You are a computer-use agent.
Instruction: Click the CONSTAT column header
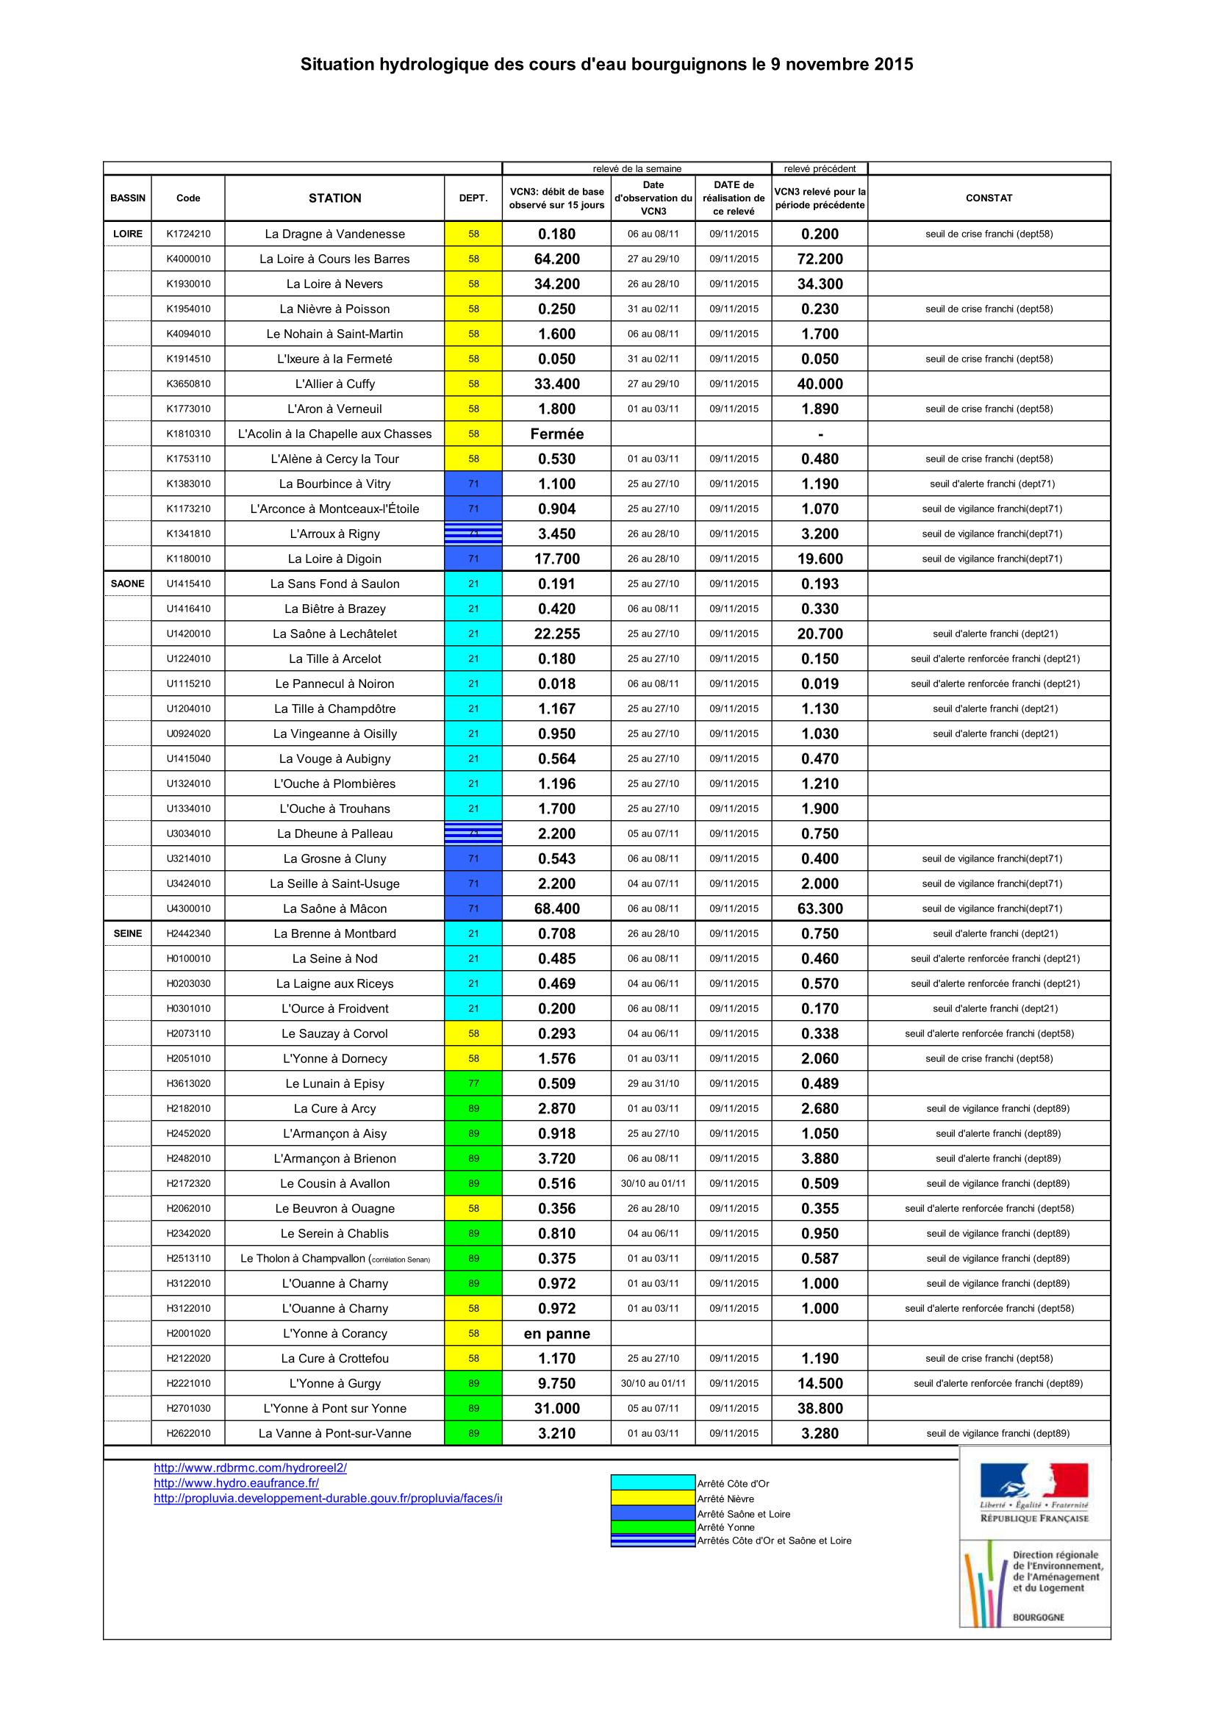988,198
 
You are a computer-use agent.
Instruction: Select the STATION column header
334,198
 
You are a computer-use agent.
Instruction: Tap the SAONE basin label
127,584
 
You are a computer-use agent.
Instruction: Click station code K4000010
188,259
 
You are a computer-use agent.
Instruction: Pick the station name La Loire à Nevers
334,284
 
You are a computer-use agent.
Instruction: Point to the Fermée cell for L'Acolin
556,434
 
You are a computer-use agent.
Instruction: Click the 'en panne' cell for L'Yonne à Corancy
556,1333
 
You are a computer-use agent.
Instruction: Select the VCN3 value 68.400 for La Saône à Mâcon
556,908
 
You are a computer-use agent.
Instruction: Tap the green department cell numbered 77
473,1083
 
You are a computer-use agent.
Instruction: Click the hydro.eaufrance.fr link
237,1483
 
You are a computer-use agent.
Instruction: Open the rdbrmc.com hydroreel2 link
250,1468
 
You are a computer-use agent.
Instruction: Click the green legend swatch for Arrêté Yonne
653,1527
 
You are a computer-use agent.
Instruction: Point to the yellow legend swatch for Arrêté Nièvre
653,1498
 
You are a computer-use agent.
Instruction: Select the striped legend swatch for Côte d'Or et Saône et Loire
653,1541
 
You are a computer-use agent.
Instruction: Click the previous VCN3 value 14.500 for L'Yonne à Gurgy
820,1384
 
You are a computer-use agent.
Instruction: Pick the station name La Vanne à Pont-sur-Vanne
334,1433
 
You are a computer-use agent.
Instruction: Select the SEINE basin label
127,933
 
